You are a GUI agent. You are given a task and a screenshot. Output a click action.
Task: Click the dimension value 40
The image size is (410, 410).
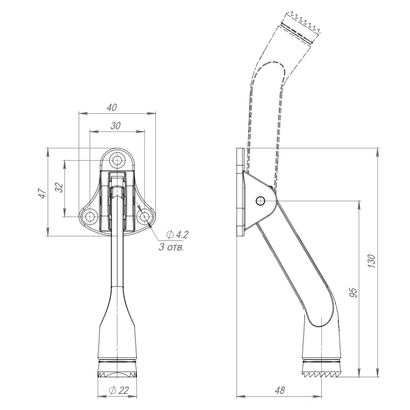[112, 108]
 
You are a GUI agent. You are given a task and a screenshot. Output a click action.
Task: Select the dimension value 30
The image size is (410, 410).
[115, 126]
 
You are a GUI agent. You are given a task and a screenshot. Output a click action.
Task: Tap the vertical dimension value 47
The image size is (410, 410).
[43, 193]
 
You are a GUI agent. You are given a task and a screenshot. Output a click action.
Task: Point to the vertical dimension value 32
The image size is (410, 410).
[59, 187]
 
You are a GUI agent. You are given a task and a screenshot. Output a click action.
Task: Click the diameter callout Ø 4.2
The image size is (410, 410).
[177, 235]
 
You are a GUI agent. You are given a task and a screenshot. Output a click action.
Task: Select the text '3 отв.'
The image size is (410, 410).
[172, 247]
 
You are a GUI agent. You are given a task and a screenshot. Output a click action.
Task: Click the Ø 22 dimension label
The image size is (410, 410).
[119, 391]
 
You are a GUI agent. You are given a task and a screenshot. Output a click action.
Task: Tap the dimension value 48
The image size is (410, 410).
[279, 391]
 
